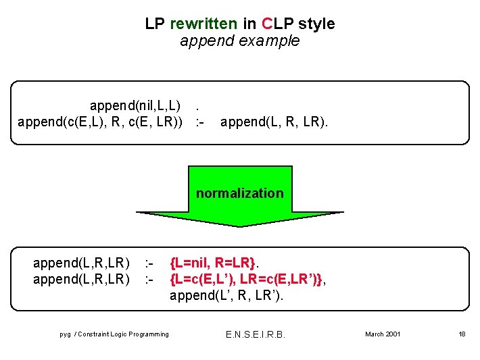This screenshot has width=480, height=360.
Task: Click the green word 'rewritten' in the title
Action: pyautogui.click(x=203, y=24)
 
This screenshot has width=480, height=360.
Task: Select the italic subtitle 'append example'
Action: pyautogui.click(x=239, y=41)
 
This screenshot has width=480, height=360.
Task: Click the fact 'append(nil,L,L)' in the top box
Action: pyautogui.click(x=135, y=106)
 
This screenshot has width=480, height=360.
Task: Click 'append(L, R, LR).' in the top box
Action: pyautogui.click(x=274, y=122)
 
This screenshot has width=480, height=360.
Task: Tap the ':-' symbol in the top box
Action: pyautogui.click(x=199, y=122)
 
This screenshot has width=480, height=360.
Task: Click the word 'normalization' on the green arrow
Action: pyautogui.click(x=240, y=193)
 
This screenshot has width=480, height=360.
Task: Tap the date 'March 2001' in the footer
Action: pyautogui.click(x=383, y=334)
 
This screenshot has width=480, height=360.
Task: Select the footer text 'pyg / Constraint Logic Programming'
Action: pyautogui.click(x=114, y=334)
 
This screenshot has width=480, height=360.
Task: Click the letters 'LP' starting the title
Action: pyautogui.click(x=155, y=24)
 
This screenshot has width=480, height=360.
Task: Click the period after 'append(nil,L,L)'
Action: pyautogui.click(x=197, y=106)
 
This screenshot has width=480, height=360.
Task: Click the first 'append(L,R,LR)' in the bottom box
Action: pyautogui.click(x=81, y=261)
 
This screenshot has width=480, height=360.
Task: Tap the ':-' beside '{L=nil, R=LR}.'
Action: pyautogui.click(x=150, y=261)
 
